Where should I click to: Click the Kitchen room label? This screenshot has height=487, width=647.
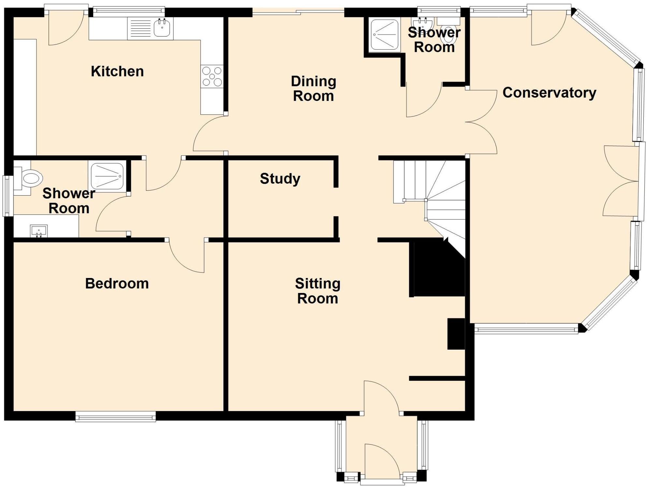(117, 71)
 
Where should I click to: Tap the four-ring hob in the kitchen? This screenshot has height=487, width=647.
(212, 77)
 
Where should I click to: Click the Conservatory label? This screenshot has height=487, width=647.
(549, 93)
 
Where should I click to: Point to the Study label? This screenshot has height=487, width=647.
(280, 179)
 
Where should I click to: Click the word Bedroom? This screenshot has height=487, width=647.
(117, 284)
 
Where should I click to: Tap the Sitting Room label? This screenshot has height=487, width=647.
(318, 291)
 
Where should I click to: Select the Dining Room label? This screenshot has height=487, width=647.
(313, 89)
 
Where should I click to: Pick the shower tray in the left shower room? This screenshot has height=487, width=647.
(107, 176)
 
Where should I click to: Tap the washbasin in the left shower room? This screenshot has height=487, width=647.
(39, 231)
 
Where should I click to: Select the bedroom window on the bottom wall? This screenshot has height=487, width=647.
(115, 416)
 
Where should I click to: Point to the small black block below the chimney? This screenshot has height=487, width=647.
(456, 334)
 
